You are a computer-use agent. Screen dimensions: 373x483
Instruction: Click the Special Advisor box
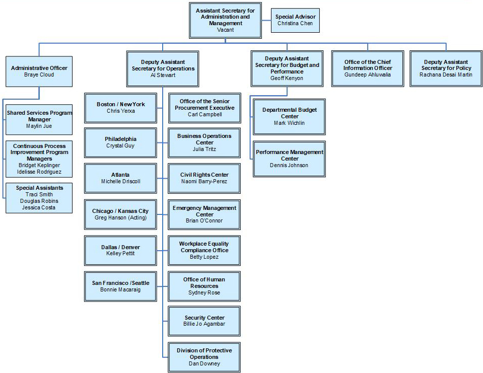tap(295, 20)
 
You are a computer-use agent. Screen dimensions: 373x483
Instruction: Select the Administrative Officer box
tap(39, 71)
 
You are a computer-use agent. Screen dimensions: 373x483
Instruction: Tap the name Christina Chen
tap(295, 24)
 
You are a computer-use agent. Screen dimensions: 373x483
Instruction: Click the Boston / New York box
tap(120, 107)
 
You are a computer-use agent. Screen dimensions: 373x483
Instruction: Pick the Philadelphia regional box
tap(120, 142)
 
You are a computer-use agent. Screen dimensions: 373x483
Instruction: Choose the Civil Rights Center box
tap(204, 178)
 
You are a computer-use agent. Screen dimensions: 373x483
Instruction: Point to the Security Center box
tap(204, 321)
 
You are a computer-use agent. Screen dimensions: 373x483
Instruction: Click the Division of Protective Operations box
tap(204, 357)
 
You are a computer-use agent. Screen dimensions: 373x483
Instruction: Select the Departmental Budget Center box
tap(290, 116)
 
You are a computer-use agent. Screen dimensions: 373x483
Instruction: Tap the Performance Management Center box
tap(290, 159)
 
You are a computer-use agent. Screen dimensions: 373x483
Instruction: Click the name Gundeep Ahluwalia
tap(367, 74)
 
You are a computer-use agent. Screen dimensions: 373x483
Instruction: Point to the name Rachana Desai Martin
tap(446, 74)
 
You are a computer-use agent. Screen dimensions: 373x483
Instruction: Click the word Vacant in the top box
tap(225, 30)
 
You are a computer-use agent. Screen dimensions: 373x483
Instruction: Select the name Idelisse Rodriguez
tap(39, 172)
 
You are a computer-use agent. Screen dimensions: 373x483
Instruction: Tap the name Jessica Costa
tap(39, 207)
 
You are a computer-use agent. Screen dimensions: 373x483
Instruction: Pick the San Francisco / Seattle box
tap(120, 286)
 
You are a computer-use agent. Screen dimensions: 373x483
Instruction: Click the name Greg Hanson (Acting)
tap(120, 217)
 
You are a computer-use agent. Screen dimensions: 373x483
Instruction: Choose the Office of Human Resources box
tap(204, 286)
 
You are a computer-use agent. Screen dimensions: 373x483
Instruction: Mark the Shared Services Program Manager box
tap(39, 119)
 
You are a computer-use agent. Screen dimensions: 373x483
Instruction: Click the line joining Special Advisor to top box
tap(266, 20)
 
